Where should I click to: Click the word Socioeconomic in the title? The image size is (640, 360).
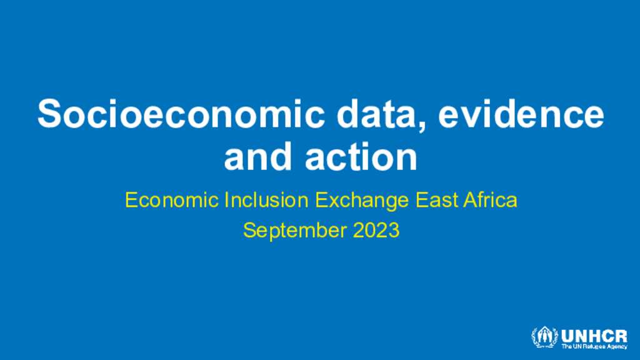pyautogui.click(x=181, y=114)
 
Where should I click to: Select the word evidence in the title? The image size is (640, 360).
pyautogui.click(x=521, y=114)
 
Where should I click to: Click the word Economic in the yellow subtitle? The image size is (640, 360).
pyautogui.click(x=171, y=200)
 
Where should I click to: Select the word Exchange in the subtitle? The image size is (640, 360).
pyautogui.click(x=362, y=201)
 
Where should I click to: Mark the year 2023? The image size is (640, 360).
pyautogui.click(x=376, y=230)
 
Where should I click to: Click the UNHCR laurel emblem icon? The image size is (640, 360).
pyautogui.click(x=544, y=337)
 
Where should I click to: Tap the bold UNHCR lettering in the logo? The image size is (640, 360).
pyautogui.click(x=594, y=336)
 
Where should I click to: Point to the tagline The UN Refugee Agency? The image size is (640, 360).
pyautogui.click(x=594, y=346)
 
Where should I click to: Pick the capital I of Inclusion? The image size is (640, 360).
pyautogui.click(x=226, y=200)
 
